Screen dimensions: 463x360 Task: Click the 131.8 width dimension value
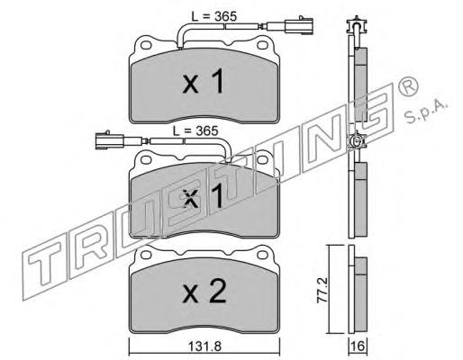pyautogui.click(x=205, y=347)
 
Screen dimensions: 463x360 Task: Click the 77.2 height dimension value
pyautogui.click(x=323, y=290)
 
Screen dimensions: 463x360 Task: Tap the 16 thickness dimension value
pyautogui.click(x=358, y=346)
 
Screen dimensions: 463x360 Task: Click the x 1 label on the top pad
pyautogui.click(x=204, y=81)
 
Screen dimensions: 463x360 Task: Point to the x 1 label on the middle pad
pyautogui.click(x=204, y=195)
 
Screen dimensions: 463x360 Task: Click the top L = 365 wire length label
pyautogui.click(x=214, y=16)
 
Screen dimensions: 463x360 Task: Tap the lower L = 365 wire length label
pyautogui.click(x=195, y=130)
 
